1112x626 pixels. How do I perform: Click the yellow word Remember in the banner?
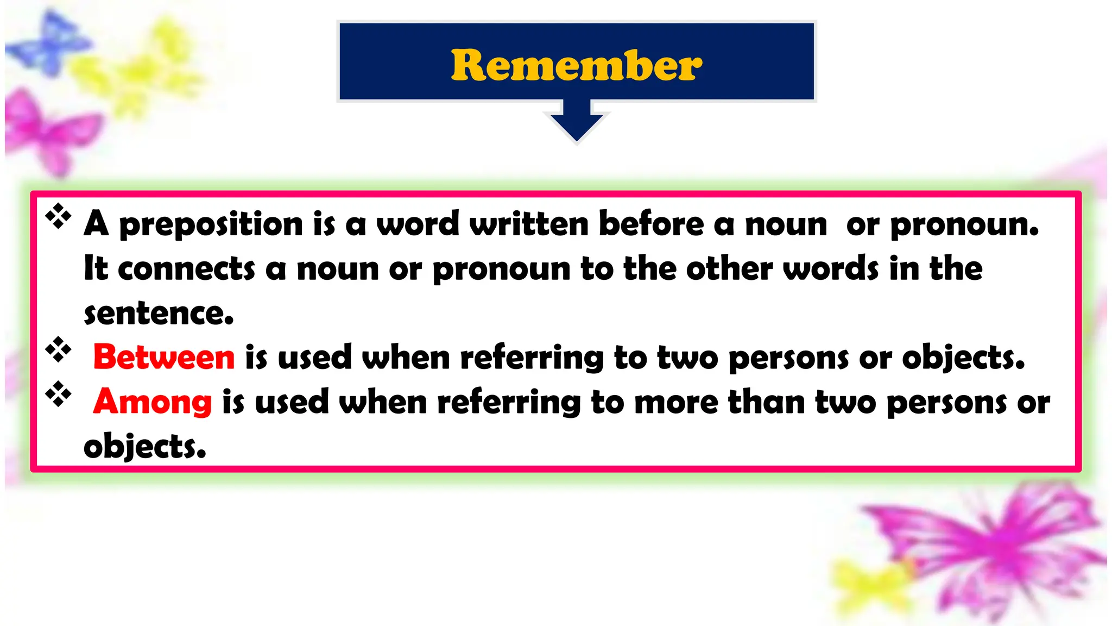(576, 65)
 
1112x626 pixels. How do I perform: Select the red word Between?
(164, 357)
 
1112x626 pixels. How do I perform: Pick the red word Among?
(153, 402)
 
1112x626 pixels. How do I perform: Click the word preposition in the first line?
(211, 224)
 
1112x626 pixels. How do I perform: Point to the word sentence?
(159, 314)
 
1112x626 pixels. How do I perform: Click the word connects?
(186, 268)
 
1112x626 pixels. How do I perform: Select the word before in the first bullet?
(651, 224)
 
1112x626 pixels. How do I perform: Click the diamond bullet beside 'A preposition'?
(58, 216)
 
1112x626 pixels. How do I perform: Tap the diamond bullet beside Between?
(58, 349)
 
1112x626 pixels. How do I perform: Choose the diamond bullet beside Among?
(58, 394)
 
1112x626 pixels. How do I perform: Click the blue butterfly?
(50, 43)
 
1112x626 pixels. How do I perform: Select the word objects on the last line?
(145, 447)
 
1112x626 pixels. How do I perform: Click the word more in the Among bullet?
(676, 402)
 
